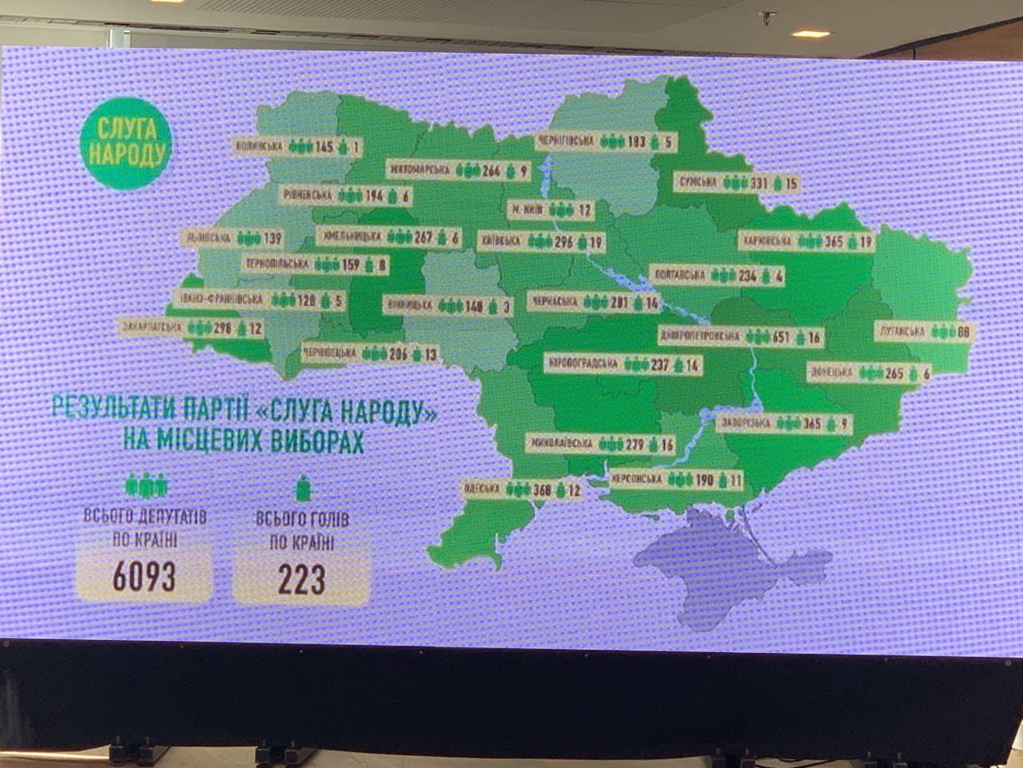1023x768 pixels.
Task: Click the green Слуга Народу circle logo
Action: (127, 142)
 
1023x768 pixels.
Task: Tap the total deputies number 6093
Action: (144, 577)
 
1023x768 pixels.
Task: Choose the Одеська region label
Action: (480, 488)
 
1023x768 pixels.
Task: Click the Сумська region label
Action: (698, 182)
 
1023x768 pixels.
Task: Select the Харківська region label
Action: (766, 240)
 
